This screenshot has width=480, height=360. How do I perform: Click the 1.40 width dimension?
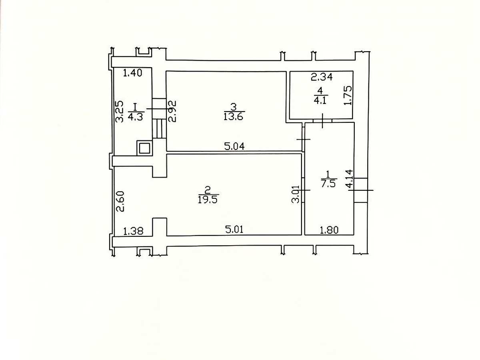(x=132, y=72)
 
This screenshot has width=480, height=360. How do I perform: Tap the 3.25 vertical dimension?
(x=120, y=111)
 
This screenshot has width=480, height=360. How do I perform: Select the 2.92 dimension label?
(x=172, y=111)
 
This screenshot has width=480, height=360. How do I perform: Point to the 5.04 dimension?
(x=234, y=146)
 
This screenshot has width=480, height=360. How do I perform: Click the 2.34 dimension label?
(x=322, y=77)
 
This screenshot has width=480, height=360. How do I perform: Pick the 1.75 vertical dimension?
(x=348, y=95)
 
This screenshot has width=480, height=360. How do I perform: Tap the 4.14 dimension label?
(x=349, y=178)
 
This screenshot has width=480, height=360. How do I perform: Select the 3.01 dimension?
(x=296, y=194)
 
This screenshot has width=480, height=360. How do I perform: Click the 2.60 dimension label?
(x=120, y=201)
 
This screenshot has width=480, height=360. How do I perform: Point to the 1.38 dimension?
(x=133, y=231)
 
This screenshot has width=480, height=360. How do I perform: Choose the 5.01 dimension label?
(x=234, y=230)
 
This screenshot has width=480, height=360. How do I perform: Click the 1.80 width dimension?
(x=329, y=230)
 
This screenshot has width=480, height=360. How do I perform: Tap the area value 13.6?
(x=233, y=116)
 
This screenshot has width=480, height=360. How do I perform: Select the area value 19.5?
(x=208, y=200)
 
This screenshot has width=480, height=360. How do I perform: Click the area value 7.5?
(x=328, y=184)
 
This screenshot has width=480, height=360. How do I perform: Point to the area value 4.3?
(x=135, y=117)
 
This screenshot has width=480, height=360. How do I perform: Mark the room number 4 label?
(x=320, y=90)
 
